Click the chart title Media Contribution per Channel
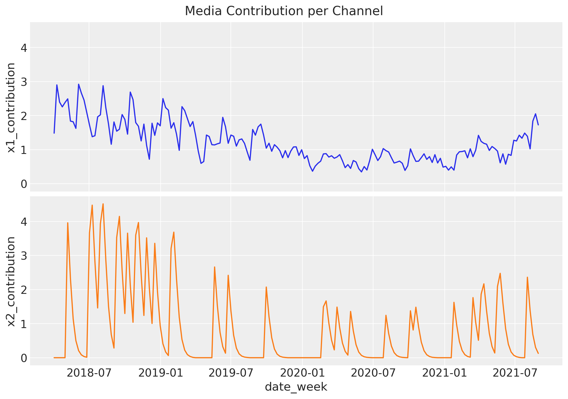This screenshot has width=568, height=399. pyautogui.click(x=284, y=11)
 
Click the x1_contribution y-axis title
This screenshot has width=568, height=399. pyautogui.click(x=11, y=108)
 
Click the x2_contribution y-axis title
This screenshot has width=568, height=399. pyautogui.click(x=11, y=282)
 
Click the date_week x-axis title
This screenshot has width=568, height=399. pyautogui.click(x=296, y=387)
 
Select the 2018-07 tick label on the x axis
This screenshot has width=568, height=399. pyautogui.click(x=89, y=373)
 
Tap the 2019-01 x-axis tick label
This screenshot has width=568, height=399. pyautogui.click(x=160, y=373)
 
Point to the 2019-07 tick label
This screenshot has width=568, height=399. pyautogui.click(x=231, y=373)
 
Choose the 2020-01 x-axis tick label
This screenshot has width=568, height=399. pyautogui.click(x=302, y=373)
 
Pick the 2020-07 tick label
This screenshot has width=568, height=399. pyautogui.click(x=373, y=373)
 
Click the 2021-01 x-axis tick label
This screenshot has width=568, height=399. pyautogui.click(x=444, y=373)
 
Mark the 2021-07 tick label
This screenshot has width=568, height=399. pyautogui.click(x=515, y=373)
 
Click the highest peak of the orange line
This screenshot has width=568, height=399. pyautogui.click(x=103, y=204)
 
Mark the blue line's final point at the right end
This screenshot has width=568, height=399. pyautogui.click(x=538, y=125)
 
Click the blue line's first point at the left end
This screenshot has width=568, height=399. pyautogui.click(x=54, y=133)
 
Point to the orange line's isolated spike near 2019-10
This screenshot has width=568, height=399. pyautogui.click(x=266, y=287)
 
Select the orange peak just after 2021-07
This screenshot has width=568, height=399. pyautogui.click(x=527, y=277)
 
